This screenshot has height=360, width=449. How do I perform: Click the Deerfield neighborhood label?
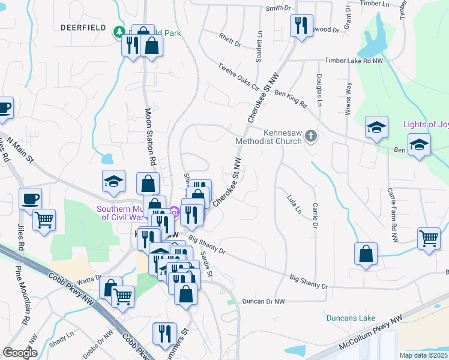[x=83, y=28]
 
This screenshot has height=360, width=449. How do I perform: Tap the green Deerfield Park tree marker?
[x=119, y=31]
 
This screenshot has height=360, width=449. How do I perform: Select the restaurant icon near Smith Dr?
[x=300, y=26]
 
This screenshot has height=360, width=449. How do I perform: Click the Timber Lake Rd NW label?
[x=353, y=61]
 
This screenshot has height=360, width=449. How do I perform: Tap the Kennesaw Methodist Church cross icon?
[x=310, y=135]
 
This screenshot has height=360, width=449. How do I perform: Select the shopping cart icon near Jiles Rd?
[x=44, y=220]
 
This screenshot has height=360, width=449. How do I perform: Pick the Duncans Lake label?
[x=351, y=318]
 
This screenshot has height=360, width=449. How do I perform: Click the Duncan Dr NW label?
[x=262, y=301]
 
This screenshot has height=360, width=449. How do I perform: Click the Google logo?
[x=20, y=352]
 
